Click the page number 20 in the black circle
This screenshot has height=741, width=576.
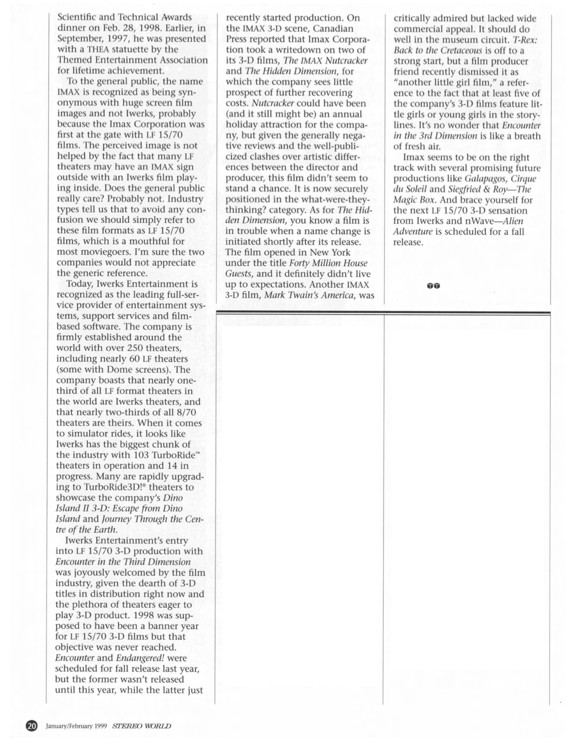(x=32, y=725)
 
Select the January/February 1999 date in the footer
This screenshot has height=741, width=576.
(x=76, y=726)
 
